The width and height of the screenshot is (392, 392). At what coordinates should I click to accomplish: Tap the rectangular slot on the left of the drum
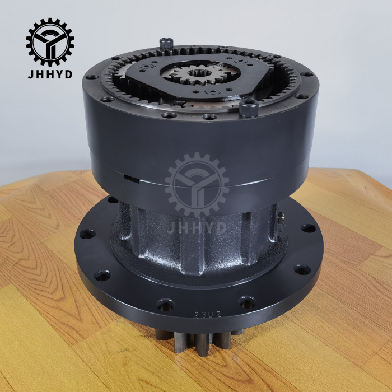(x=130, y=179)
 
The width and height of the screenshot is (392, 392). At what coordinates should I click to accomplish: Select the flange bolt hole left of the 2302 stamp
(x=165, y=305)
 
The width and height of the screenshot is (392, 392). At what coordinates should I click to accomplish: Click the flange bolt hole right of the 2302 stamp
(x=246, y=303)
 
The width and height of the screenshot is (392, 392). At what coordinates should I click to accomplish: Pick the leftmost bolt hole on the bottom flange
(x=85, y=233)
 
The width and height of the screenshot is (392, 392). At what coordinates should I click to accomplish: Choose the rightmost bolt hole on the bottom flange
(x=308, y=228)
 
